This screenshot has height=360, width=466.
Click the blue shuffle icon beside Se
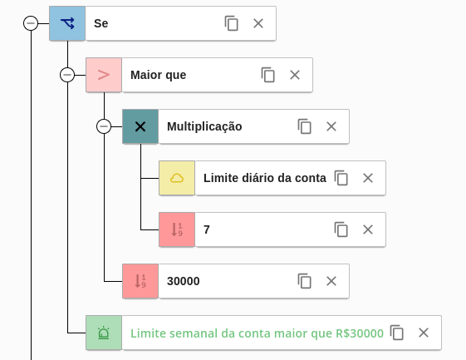67,23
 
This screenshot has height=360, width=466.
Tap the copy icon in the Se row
231,23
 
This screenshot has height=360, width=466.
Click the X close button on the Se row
258,23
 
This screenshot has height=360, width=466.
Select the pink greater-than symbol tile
104,75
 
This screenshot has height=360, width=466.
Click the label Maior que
158,75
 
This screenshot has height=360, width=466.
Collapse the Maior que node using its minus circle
67,75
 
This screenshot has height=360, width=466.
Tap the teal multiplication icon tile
140,126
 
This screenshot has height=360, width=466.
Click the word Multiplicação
204,126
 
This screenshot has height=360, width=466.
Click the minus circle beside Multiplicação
104,126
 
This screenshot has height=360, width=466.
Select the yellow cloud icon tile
177,178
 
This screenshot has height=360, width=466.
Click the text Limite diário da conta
265,178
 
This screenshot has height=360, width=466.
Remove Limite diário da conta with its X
368,178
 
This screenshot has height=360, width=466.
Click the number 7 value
207,229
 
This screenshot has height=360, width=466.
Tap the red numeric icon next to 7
177,229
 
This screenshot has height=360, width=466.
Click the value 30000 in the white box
183,281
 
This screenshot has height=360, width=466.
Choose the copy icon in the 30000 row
304,281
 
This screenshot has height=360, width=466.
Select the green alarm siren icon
104,333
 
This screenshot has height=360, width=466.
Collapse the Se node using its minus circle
31,23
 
